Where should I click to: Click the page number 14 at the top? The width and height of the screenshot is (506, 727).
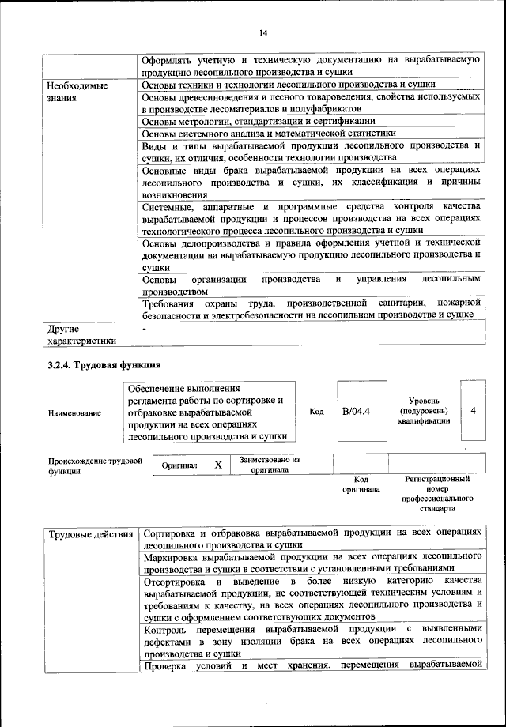[263, 32]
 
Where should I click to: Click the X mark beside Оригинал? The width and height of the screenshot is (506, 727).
[218, 465]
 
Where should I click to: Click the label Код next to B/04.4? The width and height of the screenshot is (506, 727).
[316, 412]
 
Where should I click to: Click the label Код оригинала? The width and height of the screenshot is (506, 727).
[361, 484]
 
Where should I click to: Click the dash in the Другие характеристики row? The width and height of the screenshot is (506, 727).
[144, 327]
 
